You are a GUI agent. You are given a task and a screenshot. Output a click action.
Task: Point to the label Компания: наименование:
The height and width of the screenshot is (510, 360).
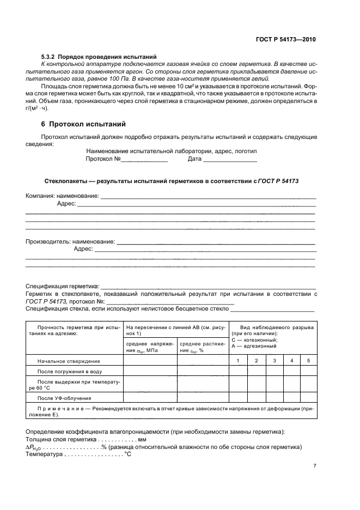tap(63, 196)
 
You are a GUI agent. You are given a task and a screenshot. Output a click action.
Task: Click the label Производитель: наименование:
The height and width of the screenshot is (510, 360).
tap(71, 241)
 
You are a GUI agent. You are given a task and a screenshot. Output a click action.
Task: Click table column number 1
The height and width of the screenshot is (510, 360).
tap(237, 361)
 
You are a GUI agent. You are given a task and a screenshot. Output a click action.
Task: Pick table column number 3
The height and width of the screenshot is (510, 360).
tap(274, 361)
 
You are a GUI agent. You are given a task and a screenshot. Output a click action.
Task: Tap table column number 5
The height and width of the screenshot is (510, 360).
tap(308, 361)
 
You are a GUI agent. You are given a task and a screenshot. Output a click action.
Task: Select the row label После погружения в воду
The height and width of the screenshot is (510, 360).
tap(70, 372)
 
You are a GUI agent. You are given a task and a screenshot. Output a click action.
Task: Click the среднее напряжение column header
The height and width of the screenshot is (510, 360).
tap(150, 347)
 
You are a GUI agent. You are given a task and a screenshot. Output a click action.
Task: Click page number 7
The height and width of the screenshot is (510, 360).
tap(315, 466)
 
